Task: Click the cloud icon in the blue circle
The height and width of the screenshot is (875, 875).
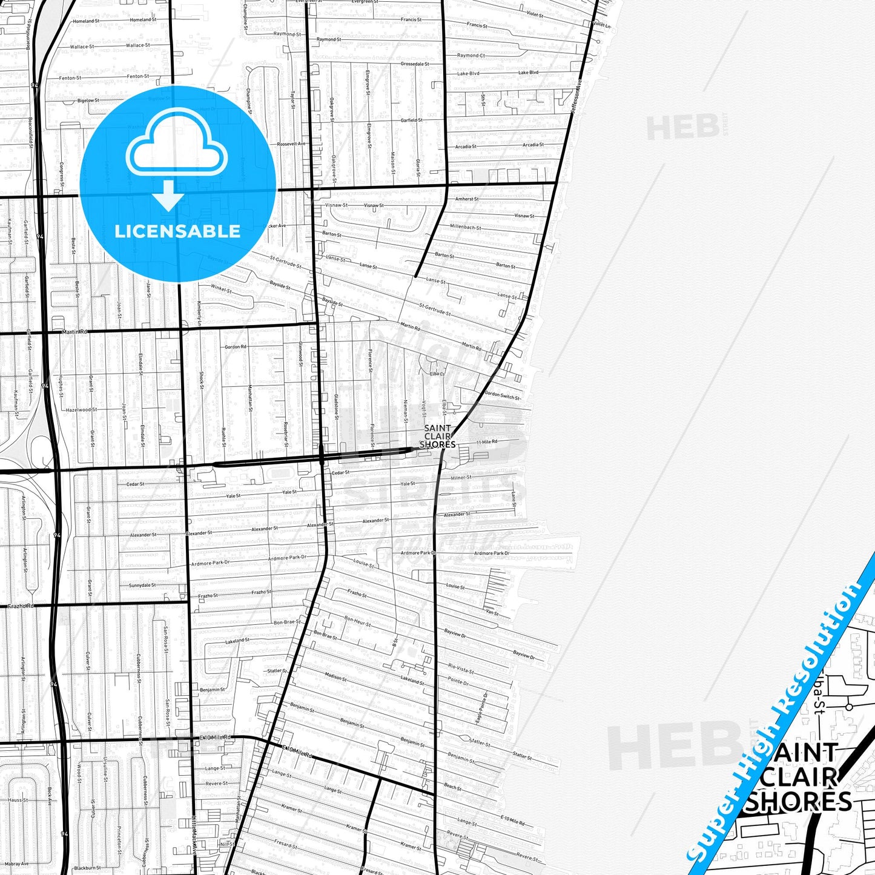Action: click(177, 149)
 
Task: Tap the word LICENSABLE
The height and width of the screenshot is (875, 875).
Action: click(177, 231)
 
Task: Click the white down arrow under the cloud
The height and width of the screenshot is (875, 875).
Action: click(169, 197)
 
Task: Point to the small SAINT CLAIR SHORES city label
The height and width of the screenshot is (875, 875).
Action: click(437, 436)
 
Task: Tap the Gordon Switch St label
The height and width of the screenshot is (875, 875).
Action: click(502, 395)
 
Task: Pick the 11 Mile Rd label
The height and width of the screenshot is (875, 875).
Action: click(487, 442)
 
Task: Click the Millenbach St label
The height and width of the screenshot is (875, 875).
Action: click(466, 227)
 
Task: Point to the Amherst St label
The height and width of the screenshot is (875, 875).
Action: click(467, 199)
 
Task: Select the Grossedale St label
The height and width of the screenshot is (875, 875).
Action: click(415, 64)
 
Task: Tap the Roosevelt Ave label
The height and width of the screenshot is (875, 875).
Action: click(291, 144)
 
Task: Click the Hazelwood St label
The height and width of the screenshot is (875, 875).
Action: click(82, 410)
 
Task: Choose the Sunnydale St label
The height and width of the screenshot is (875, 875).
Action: click(142, 586)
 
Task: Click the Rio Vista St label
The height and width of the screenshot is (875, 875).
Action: click(461, 669)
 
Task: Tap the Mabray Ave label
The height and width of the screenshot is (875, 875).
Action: click(16, 864)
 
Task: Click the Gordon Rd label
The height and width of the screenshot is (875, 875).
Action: click(236, 347)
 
